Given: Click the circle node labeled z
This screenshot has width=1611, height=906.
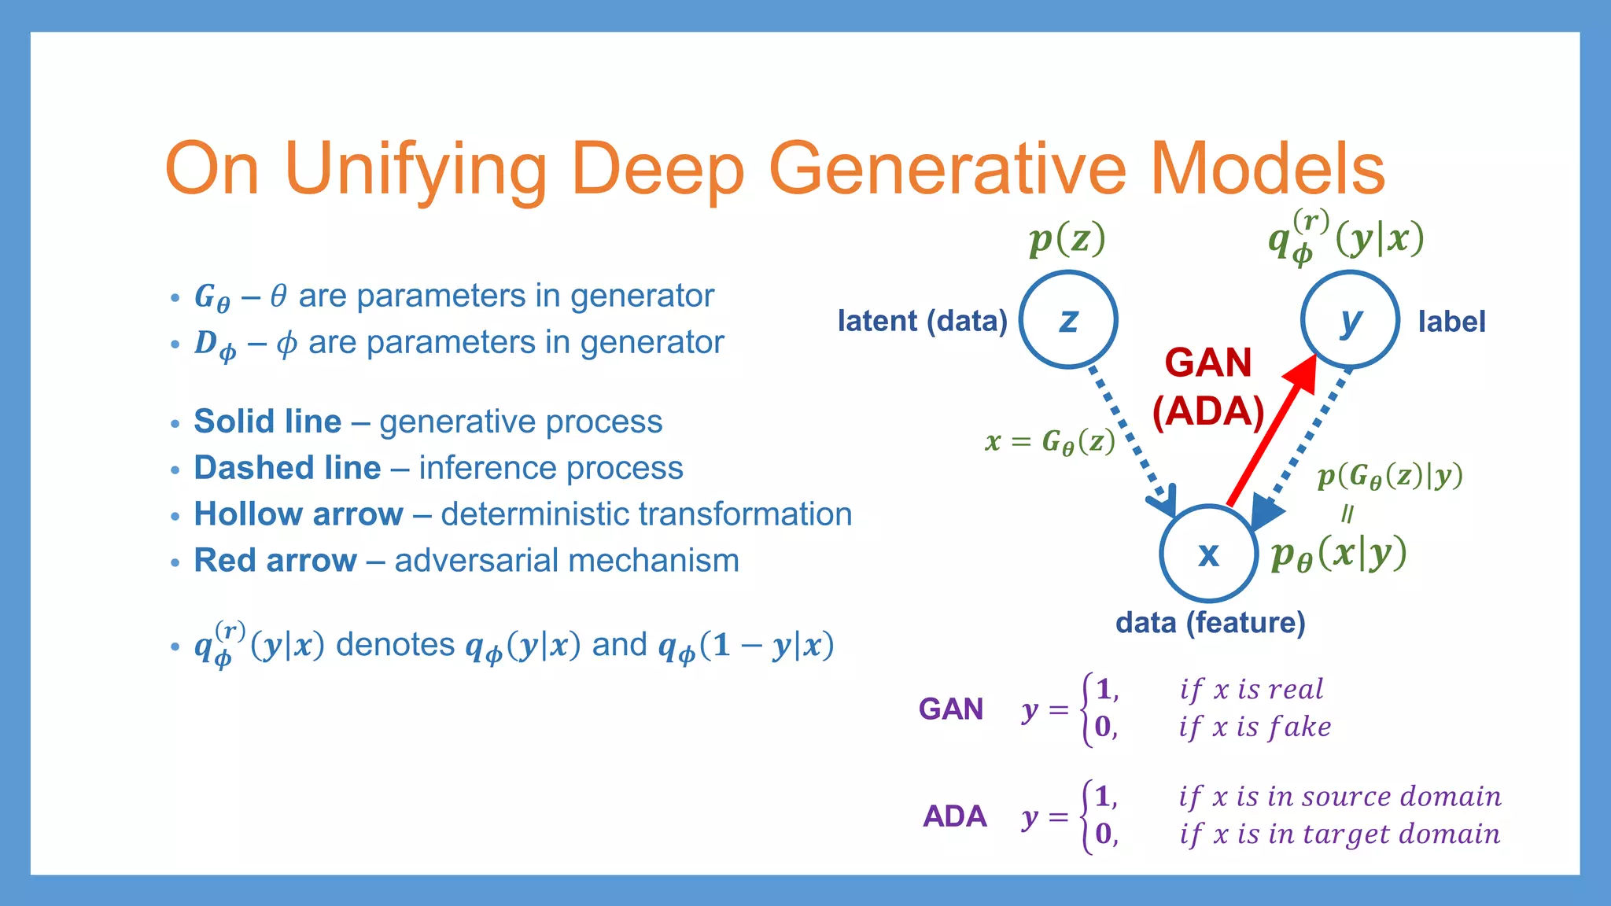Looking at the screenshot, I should tap(1068, 319).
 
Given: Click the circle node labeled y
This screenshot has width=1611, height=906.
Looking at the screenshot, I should tap(1350, 319).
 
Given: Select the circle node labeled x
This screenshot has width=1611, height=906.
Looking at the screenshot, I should tap(1208, 554).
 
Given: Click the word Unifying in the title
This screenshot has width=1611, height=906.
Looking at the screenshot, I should tap(415, 168).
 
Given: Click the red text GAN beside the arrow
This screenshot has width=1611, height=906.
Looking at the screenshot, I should tap(1207, 363).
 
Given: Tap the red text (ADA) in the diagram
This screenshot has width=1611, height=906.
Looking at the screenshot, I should tap(1207, 411).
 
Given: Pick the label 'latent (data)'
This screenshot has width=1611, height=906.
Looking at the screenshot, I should tap(922, 321).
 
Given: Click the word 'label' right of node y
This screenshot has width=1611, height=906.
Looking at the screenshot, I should tap(1451, 322).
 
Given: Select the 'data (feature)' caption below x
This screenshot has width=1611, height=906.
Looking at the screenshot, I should tap(1210, 623).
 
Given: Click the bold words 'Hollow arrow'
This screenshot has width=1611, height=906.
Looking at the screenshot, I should tap(298, 514).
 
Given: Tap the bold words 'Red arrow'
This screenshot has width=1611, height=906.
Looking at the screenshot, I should tap(275, 561).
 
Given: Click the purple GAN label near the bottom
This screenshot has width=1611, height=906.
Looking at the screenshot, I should tap(951, 709).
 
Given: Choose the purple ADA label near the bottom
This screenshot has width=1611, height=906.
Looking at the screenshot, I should tap(954, 816).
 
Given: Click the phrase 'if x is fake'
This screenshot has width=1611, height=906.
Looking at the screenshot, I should tap(1255, 727).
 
